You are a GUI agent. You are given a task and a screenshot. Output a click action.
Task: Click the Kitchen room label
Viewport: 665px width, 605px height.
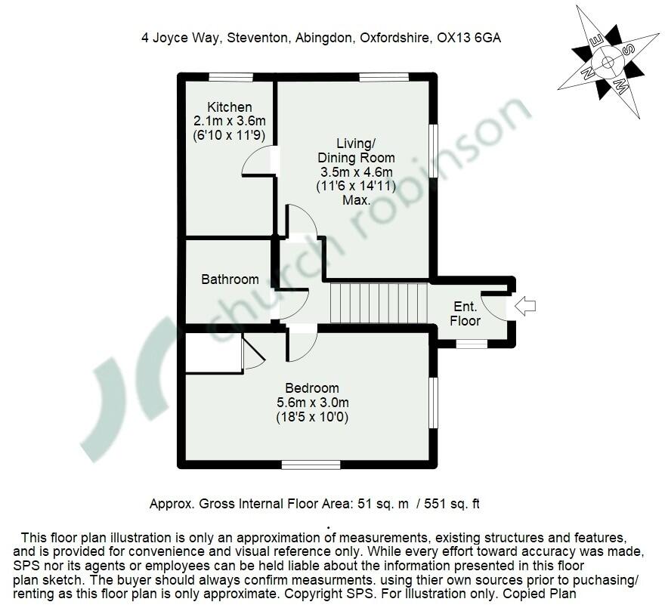click(x=230, y=107)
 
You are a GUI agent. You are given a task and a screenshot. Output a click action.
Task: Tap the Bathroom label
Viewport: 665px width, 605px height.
click(x=230, y=279)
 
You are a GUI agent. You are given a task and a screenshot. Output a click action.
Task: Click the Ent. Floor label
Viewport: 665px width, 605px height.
click(x=465, y=313)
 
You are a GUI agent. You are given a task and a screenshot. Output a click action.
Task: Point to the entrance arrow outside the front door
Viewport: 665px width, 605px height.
click(x=524, y=306)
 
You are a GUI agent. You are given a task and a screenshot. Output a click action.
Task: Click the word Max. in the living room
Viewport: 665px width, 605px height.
click(x=355, y=201)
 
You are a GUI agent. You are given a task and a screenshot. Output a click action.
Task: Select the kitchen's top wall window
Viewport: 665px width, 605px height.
click(x=230, y=76)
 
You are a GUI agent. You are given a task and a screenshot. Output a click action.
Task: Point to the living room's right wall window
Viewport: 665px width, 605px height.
click(x=433, y=150)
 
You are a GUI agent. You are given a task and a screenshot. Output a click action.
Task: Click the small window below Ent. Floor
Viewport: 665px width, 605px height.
click(x=472, y=344)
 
